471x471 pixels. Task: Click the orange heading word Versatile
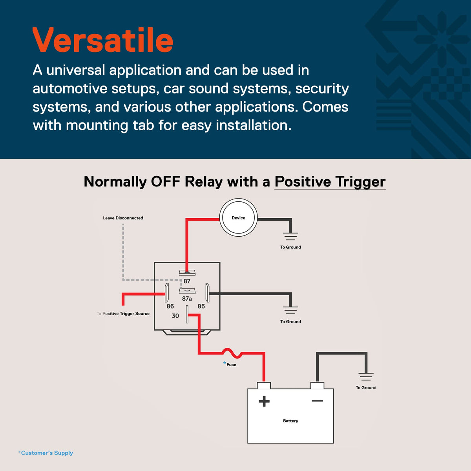(x=103, y=40)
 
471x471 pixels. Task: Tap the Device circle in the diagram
(x=238, y=217)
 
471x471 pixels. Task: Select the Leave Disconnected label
(x=123, y=218)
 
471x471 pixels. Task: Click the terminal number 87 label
(x=187, y=281)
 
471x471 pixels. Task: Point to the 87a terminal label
(x=187, y=298)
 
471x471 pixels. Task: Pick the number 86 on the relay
(x=170, y=306)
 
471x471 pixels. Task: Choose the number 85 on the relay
(x=201, y=306)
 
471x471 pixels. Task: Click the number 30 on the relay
(x=175, y=316)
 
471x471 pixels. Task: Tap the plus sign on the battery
(x=264, y=402)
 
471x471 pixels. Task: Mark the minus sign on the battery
(x=317, y=401)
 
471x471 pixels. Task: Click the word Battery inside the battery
(x=290, y=421)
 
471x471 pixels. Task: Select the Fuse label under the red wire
(x=231, y=365)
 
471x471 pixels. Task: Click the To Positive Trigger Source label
(x=123, y=314)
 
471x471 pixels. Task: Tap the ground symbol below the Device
(x=290, y=237)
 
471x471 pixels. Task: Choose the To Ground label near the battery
(x=366, y=388)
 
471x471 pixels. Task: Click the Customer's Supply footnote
(x=46, y=453)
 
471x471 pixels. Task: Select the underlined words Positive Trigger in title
(x=330, y=182)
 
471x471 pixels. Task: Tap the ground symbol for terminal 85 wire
(x=290, y=310)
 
